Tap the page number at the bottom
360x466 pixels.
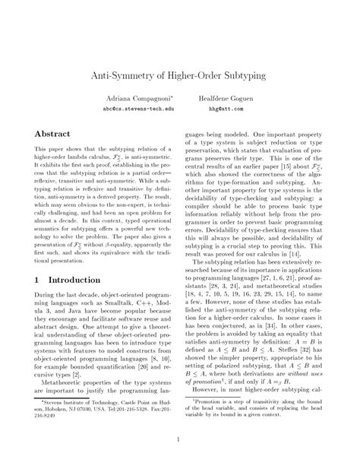[x=180, y=438]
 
